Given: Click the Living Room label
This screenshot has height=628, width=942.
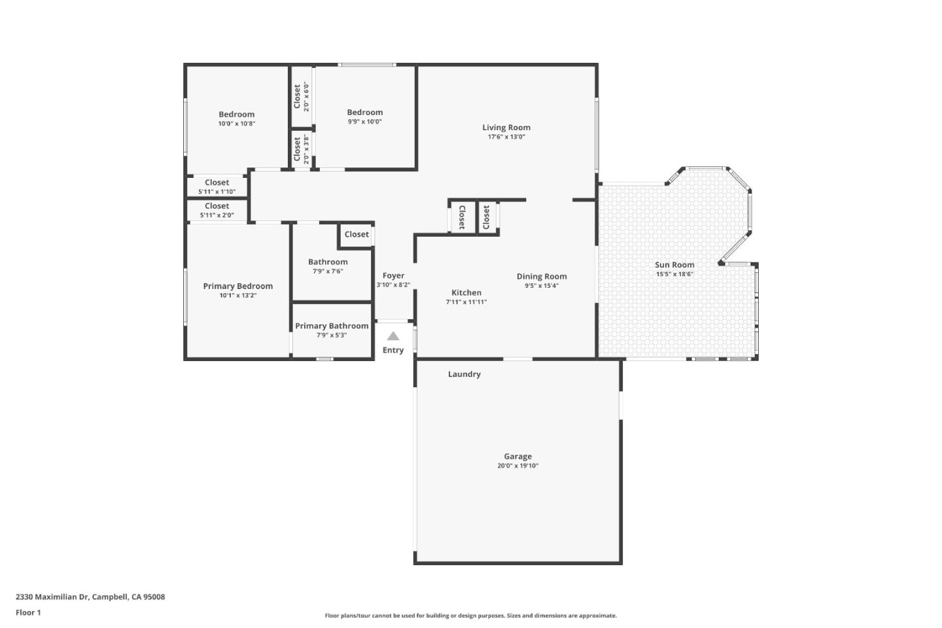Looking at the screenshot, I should point(506,128).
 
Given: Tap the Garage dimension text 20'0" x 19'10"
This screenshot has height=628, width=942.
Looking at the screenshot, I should point(517,466).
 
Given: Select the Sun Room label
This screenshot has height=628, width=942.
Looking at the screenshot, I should point(674,265).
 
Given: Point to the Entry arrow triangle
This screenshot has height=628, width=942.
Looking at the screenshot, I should point(392,336).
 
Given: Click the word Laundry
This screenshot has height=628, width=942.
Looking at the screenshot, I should point(464,374).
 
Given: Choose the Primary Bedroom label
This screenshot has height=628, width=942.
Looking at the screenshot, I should point(237,286).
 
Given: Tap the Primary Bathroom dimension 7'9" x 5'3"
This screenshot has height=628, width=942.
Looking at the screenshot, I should point(332,335).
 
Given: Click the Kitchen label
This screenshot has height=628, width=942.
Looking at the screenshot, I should point(466,292).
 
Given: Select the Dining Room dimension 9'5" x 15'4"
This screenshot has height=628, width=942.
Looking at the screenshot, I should point(542,285).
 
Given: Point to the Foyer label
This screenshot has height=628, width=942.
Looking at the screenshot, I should point(393,275).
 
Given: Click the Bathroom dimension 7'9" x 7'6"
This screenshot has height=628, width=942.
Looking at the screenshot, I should point(328,271).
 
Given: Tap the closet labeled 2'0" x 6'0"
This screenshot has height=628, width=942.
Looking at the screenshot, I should point(301,96).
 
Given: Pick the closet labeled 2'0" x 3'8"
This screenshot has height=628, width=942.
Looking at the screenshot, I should point(301,148).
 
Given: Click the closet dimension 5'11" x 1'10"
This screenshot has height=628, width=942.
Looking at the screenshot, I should point(217,192).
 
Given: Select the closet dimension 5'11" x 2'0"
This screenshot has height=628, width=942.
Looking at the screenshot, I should point(217,215).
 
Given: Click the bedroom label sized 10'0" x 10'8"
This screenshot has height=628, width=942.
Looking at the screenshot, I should point(236,114).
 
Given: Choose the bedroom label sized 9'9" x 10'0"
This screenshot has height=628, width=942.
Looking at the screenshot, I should point(364,113).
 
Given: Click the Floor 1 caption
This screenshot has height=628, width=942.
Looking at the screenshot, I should point(28,612).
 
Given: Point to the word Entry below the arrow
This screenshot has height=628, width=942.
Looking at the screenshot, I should point(393,350).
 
